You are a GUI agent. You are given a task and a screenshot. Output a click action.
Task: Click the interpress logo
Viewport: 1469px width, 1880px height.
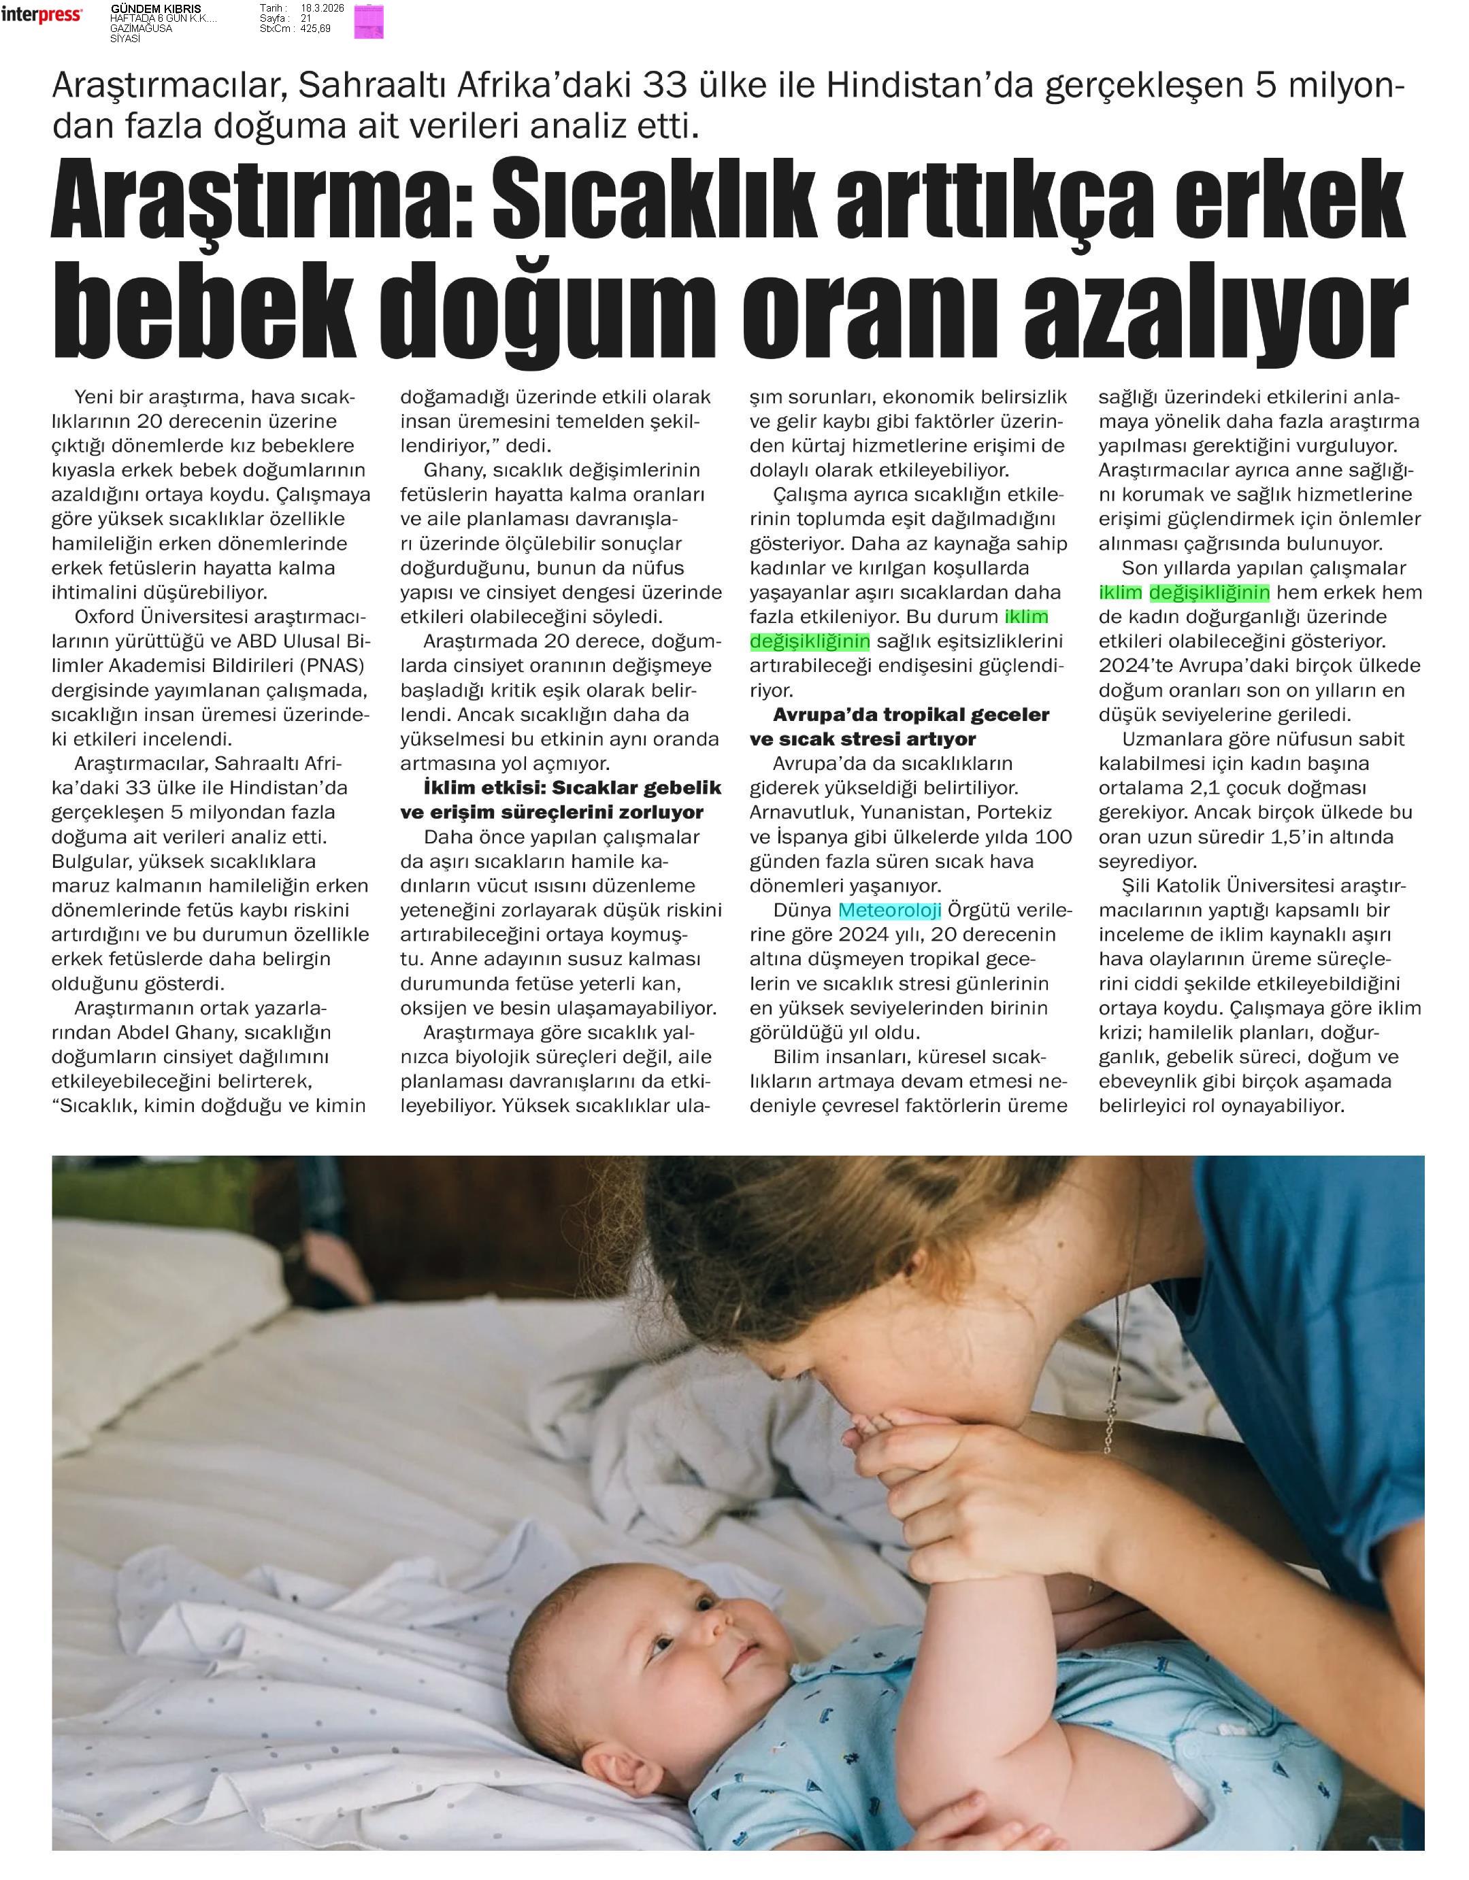tap(42, 15)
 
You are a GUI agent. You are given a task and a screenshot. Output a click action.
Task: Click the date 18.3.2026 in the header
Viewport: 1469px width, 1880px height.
tap(322, 7)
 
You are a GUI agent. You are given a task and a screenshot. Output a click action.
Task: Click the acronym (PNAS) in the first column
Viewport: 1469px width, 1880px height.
tap(330, 665)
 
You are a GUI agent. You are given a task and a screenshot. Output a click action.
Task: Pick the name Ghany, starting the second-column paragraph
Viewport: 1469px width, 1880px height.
tap(448, 470)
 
